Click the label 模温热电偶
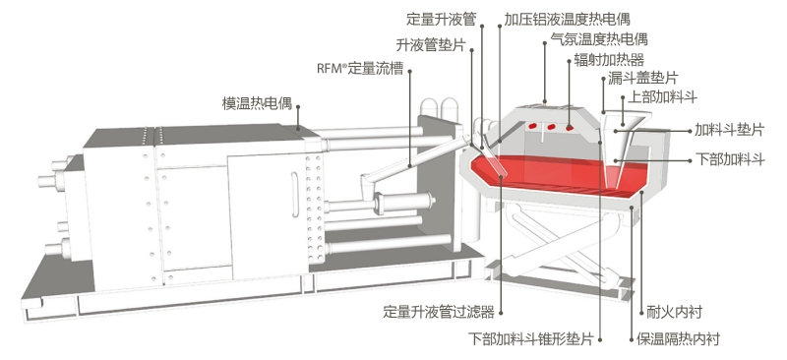(x=257, y=104)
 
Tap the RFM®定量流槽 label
(x=360, y=69)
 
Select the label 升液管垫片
(x=431, y=45)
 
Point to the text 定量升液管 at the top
(x=441, y=20)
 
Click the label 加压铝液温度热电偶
(x=567, y=20)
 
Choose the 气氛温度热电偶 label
(x=599, y=38)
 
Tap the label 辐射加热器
(x=608, y=60)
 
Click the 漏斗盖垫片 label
(x=643, y=78)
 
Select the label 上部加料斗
(x=662, y=97)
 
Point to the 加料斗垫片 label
(x=729, y=130)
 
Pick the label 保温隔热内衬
(x=678, y=339)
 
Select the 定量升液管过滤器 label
(x=439, y=313)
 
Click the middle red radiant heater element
(x=551, y=126)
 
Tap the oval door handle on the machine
(x=294, y=195)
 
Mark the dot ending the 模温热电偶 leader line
(x=298, y=106)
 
